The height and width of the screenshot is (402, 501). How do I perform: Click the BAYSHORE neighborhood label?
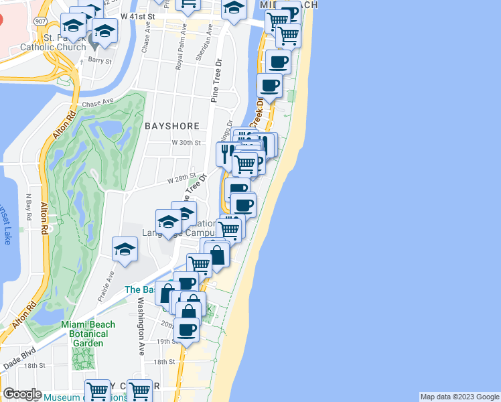pyautogui.click(x=171, y=126)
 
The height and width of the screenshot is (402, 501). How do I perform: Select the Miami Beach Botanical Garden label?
pyautogui.click(x=88, y=334)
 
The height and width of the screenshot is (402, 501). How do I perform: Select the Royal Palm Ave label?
pyautogui.click(x=179, y=54)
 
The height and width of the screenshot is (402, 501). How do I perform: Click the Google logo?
pyautogui.click(x=21, y=394)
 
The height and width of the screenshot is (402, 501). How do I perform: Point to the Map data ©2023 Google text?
pyautogui.click(x=459, y=397)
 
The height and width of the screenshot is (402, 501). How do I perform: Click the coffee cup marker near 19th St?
pyautogui.click(x=187, y=329)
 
